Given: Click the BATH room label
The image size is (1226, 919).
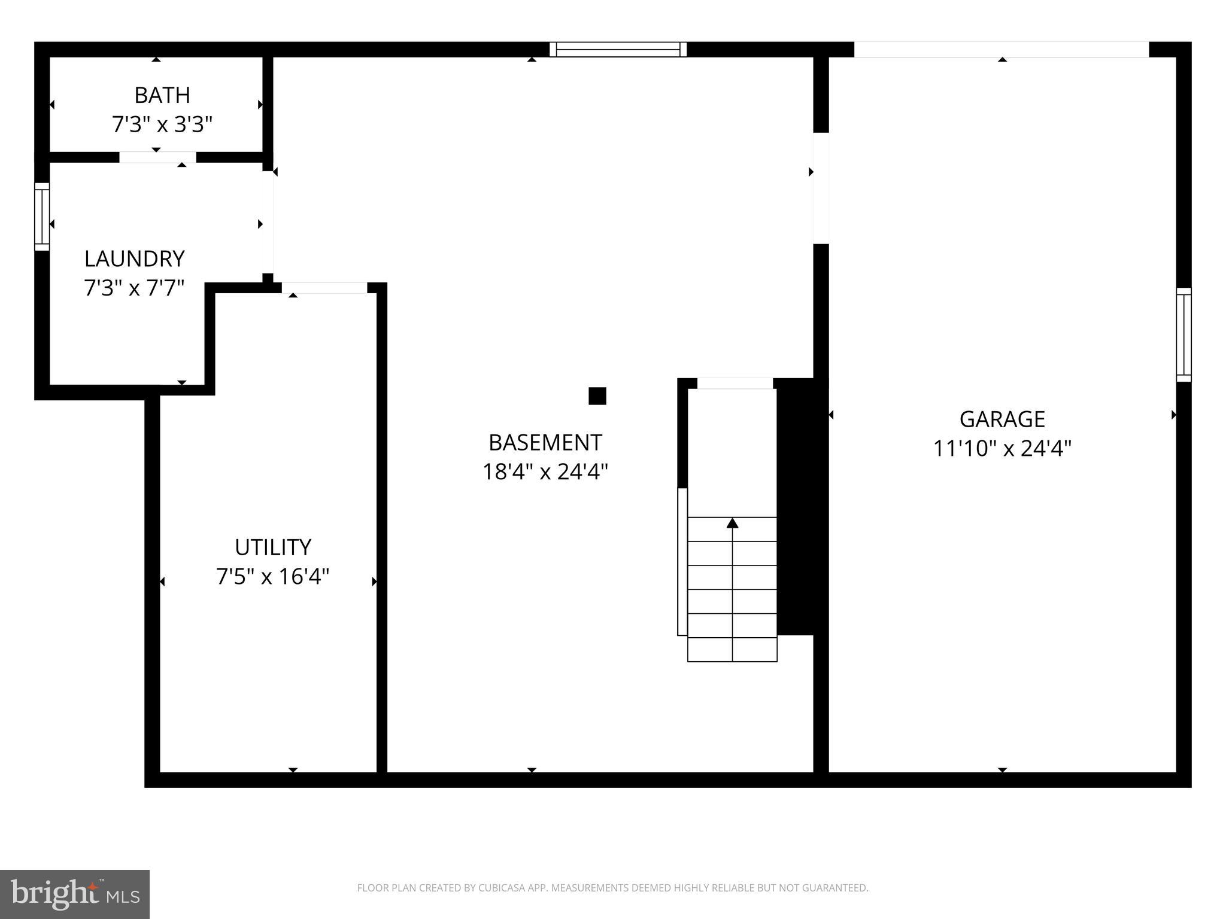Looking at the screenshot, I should (162, 95).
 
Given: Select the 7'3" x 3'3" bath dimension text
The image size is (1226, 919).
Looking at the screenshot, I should (162, 124).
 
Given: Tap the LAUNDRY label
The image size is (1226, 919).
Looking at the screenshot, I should (134, 258).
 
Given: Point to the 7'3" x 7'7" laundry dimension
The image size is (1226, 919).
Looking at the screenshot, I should (134, 288).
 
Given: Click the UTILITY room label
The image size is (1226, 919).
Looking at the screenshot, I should (273, 547).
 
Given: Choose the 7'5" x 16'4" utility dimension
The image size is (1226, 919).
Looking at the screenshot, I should (273, 577).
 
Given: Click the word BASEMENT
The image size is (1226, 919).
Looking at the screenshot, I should (545, 443).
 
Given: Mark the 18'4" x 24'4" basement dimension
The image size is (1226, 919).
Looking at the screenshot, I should (545, 472).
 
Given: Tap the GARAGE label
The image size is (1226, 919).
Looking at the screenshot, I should (1002, 419).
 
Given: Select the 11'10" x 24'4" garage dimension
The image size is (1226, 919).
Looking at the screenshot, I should (1002, 448).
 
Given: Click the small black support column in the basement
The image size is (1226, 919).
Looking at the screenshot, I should (597, 396).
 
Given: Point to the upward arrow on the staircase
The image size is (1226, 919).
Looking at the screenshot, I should (732, 524).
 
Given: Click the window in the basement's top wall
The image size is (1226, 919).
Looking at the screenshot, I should (618, 50).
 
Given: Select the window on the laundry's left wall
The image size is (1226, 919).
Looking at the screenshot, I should (42, 217).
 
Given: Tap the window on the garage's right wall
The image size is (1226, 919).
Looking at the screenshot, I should (1183, 335).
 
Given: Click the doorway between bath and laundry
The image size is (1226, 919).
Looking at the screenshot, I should (157, 157).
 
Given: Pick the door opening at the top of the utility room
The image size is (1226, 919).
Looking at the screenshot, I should (324, 288).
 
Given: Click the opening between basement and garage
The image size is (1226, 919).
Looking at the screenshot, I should (821, 188).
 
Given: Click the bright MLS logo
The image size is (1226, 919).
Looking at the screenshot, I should (75, 894).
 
